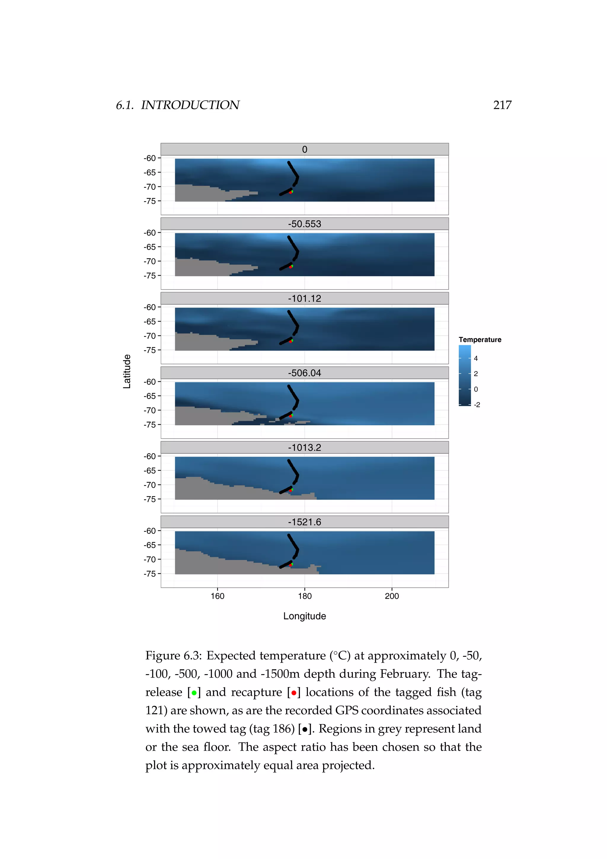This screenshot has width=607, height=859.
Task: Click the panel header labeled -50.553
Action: (304, 224)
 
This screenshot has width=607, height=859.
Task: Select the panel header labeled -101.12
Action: (304, 298)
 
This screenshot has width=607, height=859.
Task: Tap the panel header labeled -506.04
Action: (304, 373)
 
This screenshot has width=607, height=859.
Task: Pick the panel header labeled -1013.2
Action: (304, 448)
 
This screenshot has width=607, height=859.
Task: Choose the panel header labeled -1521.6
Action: (304, 522)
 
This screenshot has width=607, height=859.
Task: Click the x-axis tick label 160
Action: (217, 596)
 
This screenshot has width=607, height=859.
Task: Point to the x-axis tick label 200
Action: (392, 596)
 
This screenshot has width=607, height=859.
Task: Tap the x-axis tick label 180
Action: (305, 596)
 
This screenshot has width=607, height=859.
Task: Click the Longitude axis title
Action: (304, 616)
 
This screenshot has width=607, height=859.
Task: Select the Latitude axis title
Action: (127, 371)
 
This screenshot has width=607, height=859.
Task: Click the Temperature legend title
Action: (480, 340)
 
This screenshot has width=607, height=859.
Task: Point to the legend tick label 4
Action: (476, 358)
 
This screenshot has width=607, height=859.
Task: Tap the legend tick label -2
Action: (477, 405)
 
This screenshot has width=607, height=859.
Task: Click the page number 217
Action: (502, 105)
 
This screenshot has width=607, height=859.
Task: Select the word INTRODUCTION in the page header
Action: (190, 105)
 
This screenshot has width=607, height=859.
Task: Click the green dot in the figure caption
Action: (194, 693)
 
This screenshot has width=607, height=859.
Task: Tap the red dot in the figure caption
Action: (294, 693)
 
